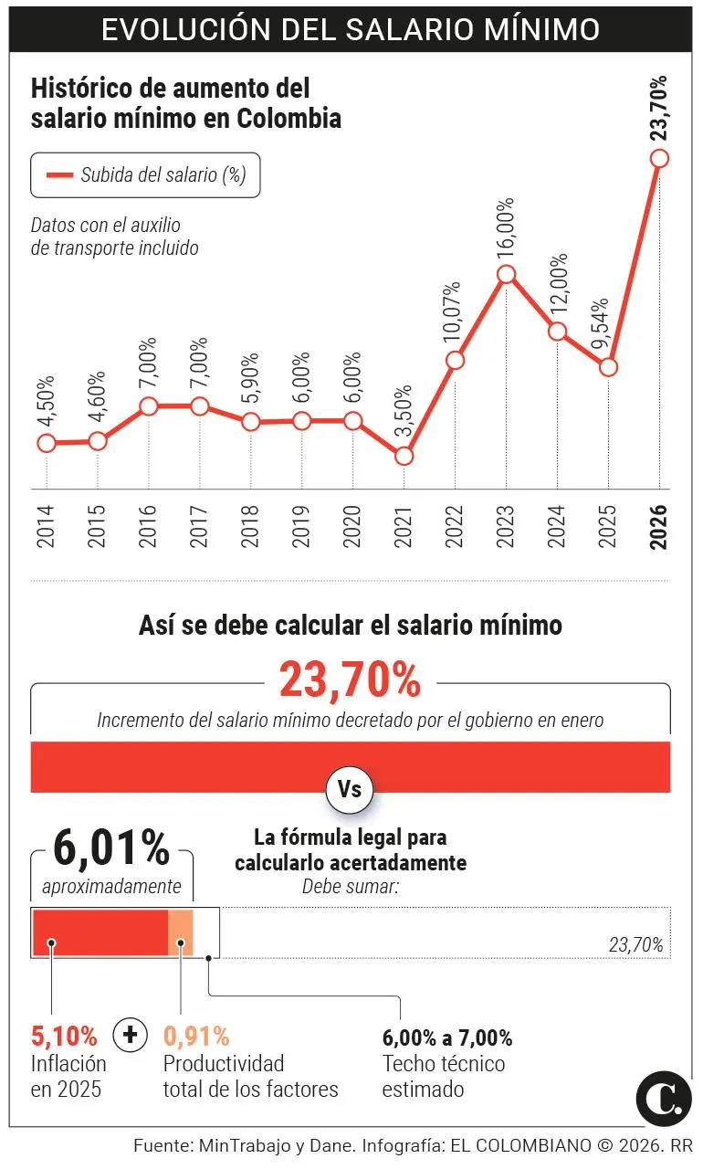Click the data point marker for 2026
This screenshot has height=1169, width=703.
(x=659, y=158)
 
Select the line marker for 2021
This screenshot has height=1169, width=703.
(x=404, y=456)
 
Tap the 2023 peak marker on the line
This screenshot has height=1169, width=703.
(x=507, y=274)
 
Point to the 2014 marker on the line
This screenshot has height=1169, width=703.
(x=47, y=443)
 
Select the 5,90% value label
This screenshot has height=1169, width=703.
(x=250, y=376)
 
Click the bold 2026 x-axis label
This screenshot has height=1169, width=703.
(x=658, y=526)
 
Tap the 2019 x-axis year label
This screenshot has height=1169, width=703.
(x=300, y=527)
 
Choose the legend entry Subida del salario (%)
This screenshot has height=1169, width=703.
(x=145, y=175)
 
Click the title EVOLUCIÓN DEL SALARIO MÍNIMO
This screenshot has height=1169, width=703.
(x=351, y=29)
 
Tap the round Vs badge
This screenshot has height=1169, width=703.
(x=350, y=790)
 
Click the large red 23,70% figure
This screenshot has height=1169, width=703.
(x=351, y=679)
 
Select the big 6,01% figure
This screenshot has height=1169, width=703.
(x=111, y=848)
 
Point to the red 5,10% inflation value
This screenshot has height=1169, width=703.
(x=64, y=1036)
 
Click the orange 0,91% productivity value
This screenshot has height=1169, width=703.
(x=196, y=1036)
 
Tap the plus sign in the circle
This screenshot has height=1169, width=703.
(x=130, y=1034)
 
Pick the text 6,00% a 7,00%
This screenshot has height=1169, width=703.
(x=447, y=1037)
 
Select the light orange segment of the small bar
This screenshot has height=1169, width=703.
(x=180, y=932)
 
